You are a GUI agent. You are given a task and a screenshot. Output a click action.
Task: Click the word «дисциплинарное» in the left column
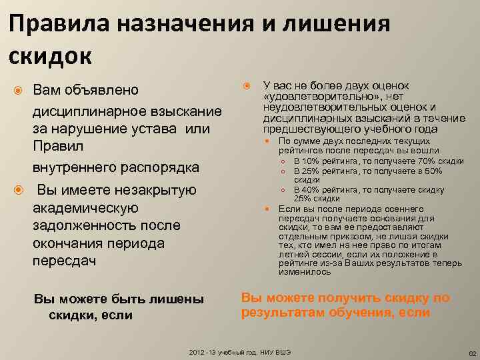coord(86,109)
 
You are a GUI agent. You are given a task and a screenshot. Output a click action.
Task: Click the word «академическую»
coord(85,208)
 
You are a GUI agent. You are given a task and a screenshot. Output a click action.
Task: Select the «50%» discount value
coord(433,171)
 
